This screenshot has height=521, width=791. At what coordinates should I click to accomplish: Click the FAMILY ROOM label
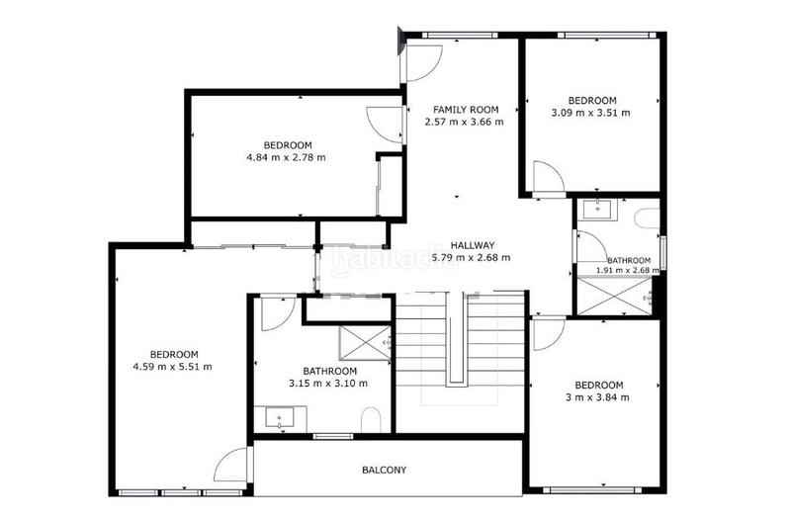465,110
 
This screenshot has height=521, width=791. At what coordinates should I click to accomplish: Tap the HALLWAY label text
472,245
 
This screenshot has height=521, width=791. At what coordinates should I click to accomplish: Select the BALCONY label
385,471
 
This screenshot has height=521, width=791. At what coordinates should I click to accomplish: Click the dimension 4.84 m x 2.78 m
287,157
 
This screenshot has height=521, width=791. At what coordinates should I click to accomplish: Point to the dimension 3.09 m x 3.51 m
591,113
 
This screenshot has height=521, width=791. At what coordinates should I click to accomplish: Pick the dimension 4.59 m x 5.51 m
173,367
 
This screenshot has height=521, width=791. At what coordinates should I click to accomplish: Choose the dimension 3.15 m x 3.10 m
328,384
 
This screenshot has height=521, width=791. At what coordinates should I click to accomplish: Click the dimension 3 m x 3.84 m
599,397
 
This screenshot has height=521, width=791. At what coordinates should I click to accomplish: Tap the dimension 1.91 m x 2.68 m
628,270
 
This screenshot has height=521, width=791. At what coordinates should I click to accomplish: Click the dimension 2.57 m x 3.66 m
465,123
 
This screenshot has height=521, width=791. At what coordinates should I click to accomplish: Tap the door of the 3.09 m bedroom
547,178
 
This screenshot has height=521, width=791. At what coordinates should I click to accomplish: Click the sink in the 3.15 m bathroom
279,418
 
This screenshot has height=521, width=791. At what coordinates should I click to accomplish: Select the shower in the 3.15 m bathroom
365,343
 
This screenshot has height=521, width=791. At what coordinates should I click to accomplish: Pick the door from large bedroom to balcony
232,466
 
